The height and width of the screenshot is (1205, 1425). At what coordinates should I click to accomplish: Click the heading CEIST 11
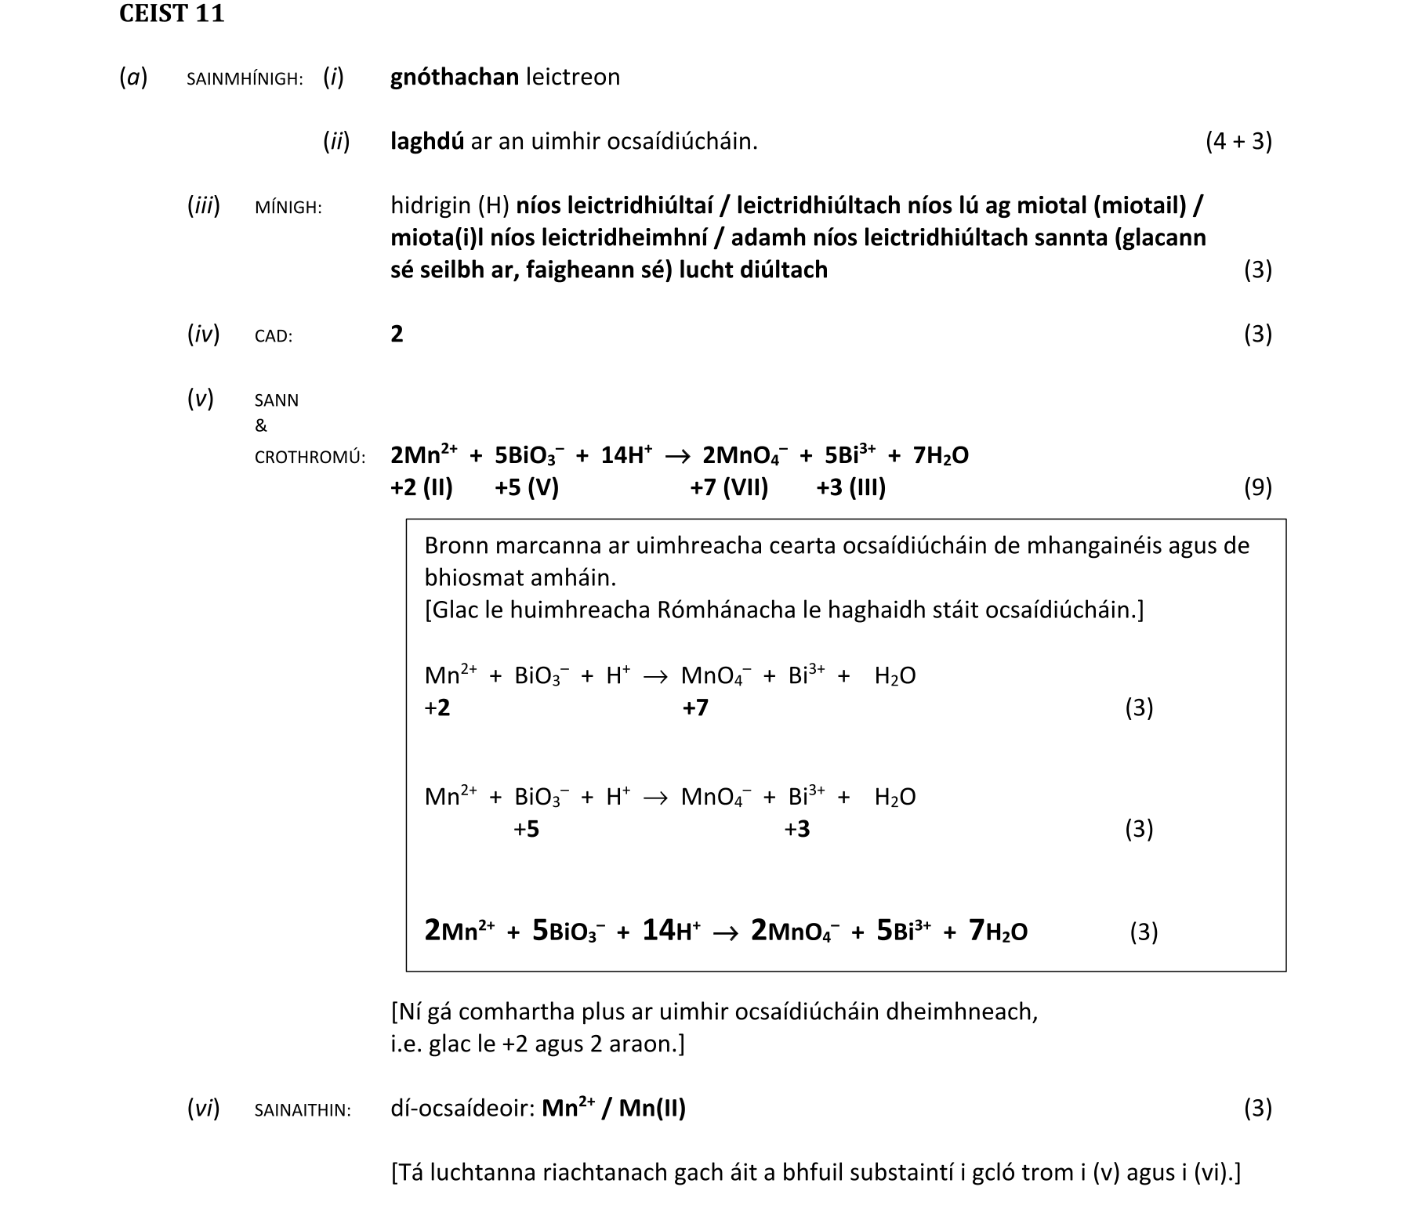click(172, 14)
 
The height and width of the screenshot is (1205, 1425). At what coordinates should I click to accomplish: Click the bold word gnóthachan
click(455, 77)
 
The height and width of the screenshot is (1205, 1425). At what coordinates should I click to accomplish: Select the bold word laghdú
click(427, 142)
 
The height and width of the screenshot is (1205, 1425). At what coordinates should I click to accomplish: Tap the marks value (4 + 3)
click(1238, 142)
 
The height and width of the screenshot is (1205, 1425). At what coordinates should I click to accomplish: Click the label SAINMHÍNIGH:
click(245, 79)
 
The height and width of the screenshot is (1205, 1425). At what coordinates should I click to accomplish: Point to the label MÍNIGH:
click(288, 208)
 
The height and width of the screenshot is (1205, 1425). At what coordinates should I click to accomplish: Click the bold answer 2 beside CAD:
click(397, 335)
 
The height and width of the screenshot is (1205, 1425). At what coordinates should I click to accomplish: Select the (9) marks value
click(1257, 488)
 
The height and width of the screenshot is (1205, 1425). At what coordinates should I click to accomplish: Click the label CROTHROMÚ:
click(310, 458)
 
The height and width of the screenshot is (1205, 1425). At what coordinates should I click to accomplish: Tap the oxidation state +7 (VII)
click(729, 488)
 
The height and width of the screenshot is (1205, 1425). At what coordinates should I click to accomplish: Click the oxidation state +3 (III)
click(850, 488)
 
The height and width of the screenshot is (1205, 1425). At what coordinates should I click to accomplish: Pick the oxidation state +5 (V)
click(526, 488)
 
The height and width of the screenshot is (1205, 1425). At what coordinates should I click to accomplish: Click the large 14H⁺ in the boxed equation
click(671, 931)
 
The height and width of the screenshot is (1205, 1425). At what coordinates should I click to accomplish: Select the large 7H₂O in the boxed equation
click(998, 931)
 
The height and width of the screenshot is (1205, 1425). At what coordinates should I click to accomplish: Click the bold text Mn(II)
click(652, 1109)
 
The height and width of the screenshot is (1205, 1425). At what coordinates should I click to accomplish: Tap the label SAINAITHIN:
click(303, 1110)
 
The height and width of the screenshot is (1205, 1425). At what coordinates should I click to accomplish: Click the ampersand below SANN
click(261, 426)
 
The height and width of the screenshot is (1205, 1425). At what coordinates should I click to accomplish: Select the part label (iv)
click(203, 335)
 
